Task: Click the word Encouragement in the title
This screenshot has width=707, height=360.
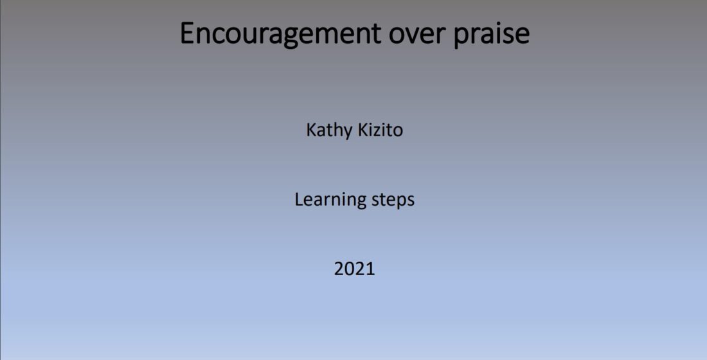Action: (x=280, y=33)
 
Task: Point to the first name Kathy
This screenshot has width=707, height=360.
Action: (x=328, y=130)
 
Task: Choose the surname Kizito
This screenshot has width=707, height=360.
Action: (x=380, y=130)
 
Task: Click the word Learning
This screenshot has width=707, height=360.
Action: (x=330, y=200)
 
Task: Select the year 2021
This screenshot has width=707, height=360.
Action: (x=354, y=269)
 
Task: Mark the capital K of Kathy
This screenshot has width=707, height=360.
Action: (x=310, y=130)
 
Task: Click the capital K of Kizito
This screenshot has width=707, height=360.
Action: (x=362, y=130)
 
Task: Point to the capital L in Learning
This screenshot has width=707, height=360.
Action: (x=299, y=199)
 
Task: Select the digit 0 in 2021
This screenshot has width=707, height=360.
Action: (x=350, y=269)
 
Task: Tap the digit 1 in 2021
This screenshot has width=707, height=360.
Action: (x=371, y=269)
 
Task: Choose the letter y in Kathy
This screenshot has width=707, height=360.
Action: (x=347, y=134)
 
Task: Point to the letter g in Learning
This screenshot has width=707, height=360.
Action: (x=361, y=203)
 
